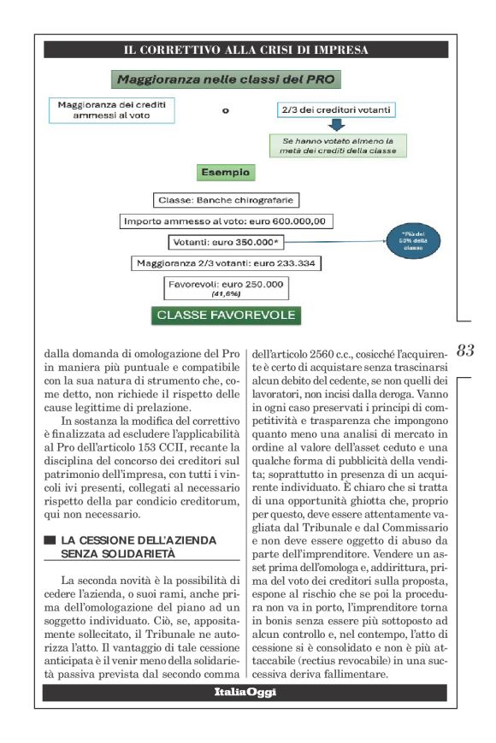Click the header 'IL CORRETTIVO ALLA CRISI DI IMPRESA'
[x=245, y=50]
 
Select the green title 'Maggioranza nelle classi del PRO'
[x=227, y=80]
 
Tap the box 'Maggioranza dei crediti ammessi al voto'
[x=110, y=110]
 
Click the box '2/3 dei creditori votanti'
[x=336, y=111]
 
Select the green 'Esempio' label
[x=225, y=174]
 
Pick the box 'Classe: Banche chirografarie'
[x=226, y=200]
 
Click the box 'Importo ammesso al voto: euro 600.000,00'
[x=226, y=221]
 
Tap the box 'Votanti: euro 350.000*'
[x=226, y=242]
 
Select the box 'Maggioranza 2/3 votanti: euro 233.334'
[x=226, y=263]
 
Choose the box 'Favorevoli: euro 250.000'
[x=226, y=287]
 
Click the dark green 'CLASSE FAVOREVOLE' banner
[x=226, y=315]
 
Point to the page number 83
[x=465, y=351]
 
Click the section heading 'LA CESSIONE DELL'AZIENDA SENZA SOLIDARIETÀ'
[x=139, y=547]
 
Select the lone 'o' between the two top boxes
[x=225, y=111]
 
